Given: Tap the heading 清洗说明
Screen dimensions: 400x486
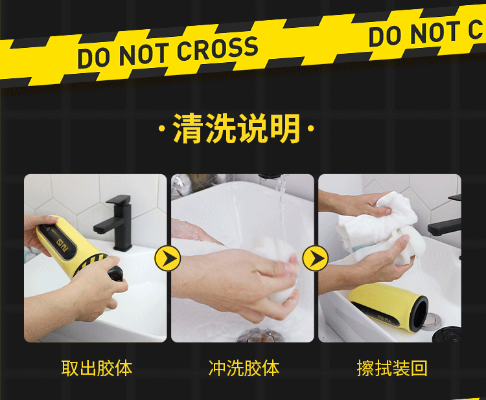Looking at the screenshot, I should pyautogui.click(x=237, y=128).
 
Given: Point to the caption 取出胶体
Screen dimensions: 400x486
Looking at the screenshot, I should pyautogui.click(x=97, y=368).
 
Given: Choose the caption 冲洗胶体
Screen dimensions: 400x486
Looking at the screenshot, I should pyautogui.click(x=244, y=368).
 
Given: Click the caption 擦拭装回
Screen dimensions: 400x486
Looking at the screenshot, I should pyautogui.click(x=392, y=368).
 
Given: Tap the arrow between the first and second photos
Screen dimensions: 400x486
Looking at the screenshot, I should pyautogui.click(x=167, y=259).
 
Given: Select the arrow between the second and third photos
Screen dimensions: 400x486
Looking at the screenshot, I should pyautogui.click(x=316, y=259).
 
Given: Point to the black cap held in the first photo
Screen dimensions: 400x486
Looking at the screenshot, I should pyautogui.click(x=117, y=274).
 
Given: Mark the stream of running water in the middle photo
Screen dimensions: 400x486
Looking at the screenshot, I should pyautogui.click(x=281, y=194).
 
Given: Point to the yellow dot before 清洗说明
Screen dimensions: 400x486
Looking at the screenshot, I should pyautogui.click(x=162, y=129).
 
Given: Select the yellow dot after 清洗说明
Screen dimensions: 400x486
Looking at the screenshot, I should pyautogui.click(x=312, y=129).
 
